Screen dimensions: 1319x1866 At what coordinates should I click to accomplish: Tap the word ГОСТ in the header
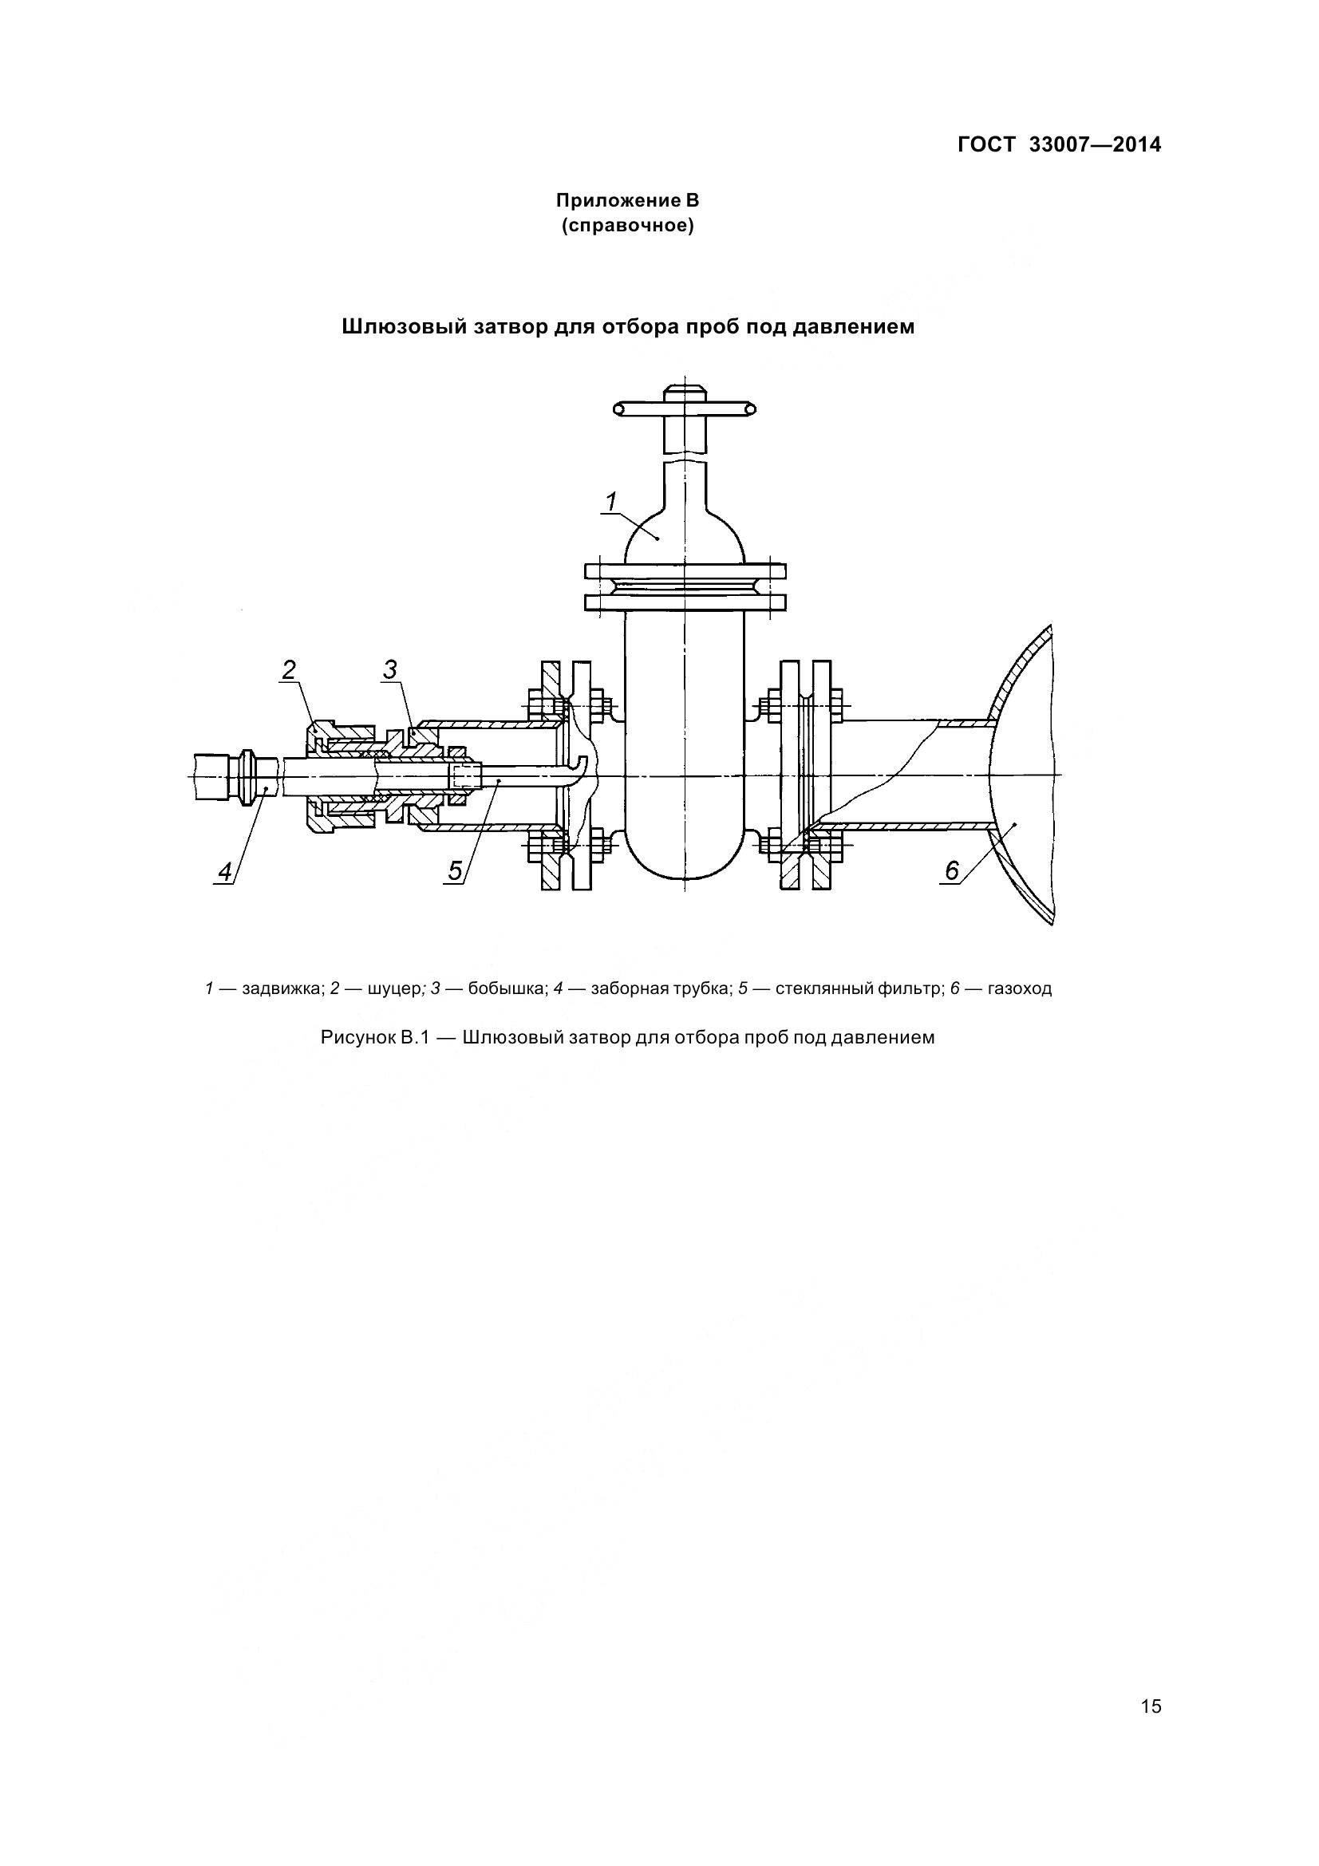986,144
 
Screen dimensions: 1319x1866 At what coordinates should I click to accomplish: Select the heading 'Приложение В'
627,200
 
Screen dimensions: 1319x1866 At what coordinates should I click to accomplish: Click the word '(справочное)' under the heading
627,226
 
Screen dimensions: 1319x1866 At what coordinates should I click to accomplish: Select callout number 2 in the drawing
289,669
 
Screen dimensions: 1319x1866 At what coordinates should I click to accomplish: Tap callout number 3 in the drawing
390,669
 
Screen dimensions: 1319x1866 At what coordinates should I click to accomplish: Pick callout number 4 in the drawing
225,871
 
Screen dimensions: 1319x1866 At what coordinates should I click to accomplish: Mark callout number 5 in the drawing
455,871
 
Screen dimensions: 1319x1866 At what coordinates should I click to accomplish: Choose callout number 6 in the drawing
952,871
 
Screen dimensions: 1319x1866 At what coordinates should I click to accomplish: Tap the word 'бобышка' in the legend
505,989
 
